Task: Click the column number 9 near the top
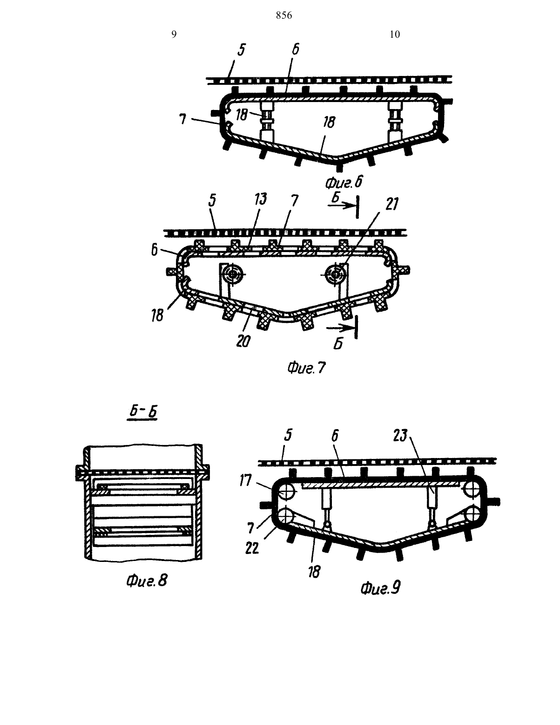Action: pos(174,34)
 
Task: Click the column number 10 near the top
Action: pos(395,34)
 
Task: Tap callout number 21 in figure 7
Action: pos(391,204)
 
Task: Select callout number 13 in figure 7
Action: pos(261,199)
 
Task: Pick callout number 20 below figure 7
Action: pos(243,341)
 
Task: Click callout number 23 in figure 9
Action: pos(400,436)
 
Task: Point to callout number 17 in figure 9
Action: pos(245,481)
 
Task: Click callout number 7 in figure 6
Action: pos(182,119)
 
